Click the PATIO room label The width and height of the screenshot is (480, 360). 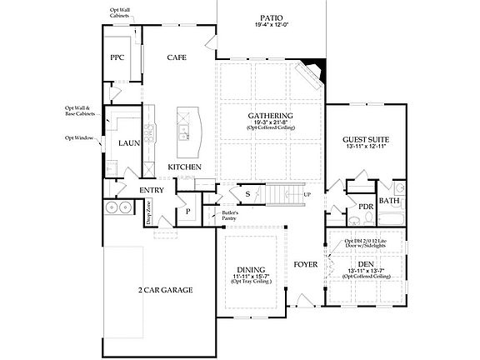pos(269,16)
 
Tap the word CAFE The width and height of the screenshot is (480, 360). pos(176,57)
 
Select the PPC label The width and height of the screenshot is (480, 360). pos(117,57)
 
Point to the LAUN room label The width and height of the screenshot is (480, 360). pos(128,142)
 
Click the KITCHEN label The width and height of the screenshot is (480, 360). pos(184,167)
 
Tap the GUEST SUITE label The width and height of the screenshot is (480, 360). pos(367,139)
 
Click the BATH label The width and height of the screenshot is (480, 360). pos(389,201)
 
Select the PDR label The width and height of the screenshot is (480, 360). pos(365,206)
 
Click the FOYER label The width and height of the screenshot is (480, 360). pos(306,266)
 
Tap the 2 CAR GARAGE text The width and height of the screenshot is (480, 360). pos(166,290)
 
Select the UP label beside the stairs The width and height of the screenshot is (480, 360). pos(307,195)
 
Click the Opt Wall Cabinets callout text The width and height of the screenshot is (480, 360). pos(119,14)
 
